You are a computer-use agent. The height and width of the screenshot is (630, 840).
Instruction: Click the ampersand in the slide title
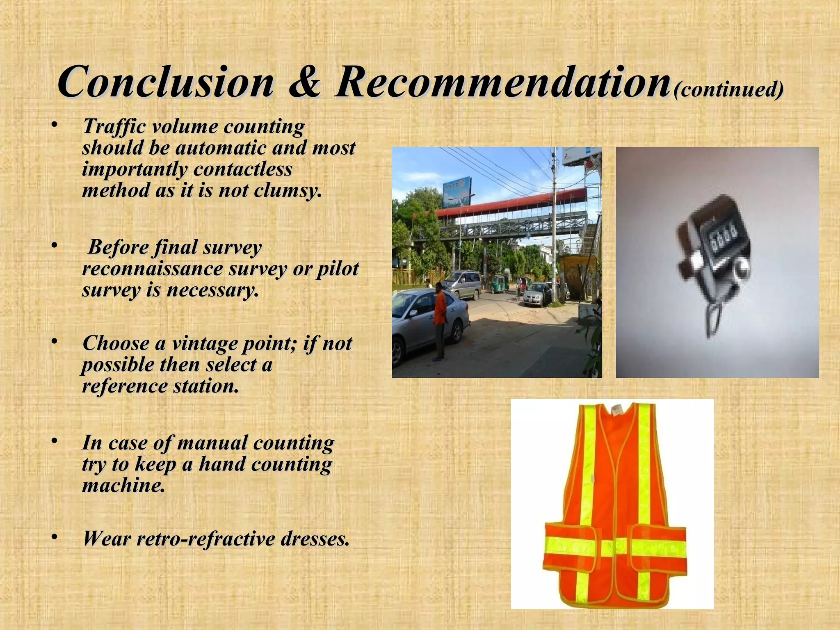304,82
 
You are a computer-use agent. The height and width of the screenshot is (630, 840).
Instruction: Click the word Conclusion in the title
166,82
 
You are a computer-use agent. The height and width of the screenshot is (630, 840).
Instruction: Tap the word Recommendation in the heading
502,82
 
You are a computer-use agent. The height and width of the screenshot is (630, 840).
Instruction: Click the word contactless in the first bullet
243,169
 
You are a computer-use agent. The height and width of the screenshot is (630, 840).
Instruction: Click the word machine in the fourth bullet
123,486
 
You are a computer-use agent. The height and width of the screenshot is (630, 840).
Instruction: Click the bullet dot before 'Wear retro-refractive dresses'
54,537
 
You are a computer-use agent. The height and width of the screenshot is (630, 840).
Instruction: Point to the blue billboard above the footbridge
457,192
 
